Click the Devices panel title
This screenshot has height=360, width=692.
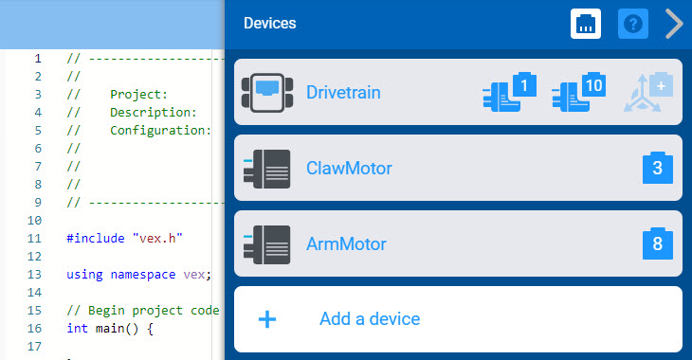click(x=270, y=24)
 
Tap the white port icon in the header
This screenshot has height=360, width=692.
click(x=586, y=24)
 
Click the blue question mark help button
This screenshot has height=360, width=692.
click(x=632, y=24)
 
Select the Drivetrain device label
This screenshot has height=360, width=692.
click(x=343, y=93)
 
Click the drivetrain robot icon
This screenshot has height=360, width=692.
click(x=266, y=93)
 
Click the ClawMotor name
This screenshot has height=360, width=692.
click(x=349, y=169)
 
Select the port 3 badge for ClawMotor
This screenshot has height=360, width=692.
click(x=658, y=169)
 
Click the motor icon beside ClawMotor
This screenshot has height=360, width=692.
click(x=266, y=169)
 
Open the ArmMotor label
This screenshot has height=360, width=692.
click(x=346, y=243)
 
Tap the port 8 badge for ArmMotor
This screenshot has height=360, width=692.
click(x=658, y=243)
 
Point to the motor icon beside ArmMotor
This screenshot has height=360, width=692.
click(x=266, y=243)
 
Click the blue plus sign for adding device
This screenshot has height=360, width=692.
click(x=267, y=319)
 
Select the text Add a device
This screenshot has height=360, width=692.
click(x=370, y=319)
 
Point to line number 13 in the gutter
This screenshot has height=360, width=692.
click(x=36, y=275)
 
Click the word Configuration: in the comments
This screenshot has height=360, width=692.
click(x=160, y=131)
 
